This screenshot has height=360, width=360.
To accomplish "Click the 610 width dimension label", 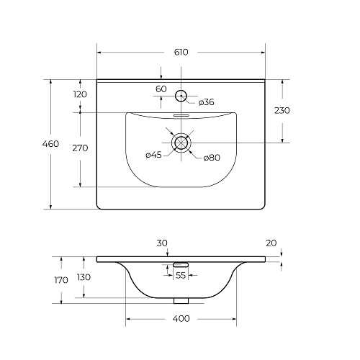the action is [181, 52].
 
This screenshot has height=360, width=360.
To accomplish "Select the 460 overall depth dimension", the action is [50, 144].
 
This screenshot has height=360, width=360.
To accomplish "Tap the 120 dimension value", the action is [80, 94].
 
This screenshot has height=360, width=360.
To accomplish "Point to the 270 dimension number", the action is [80, 148].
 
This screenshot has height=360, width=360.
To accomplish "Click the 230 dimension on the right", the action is [282, 110].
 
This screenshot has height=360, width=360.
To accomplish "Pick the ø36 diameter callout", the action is [207, 102].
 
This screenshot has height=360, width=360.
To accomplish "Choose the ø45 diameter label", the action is [153, 155].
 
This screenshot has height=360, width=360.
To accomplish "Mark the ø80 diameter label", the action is [212, 158].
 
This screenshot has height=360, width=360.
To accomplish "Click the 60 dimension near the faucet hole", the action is [161, 89].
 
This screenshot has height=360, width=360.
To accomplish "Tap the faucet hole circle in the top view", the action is [181, 90].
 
